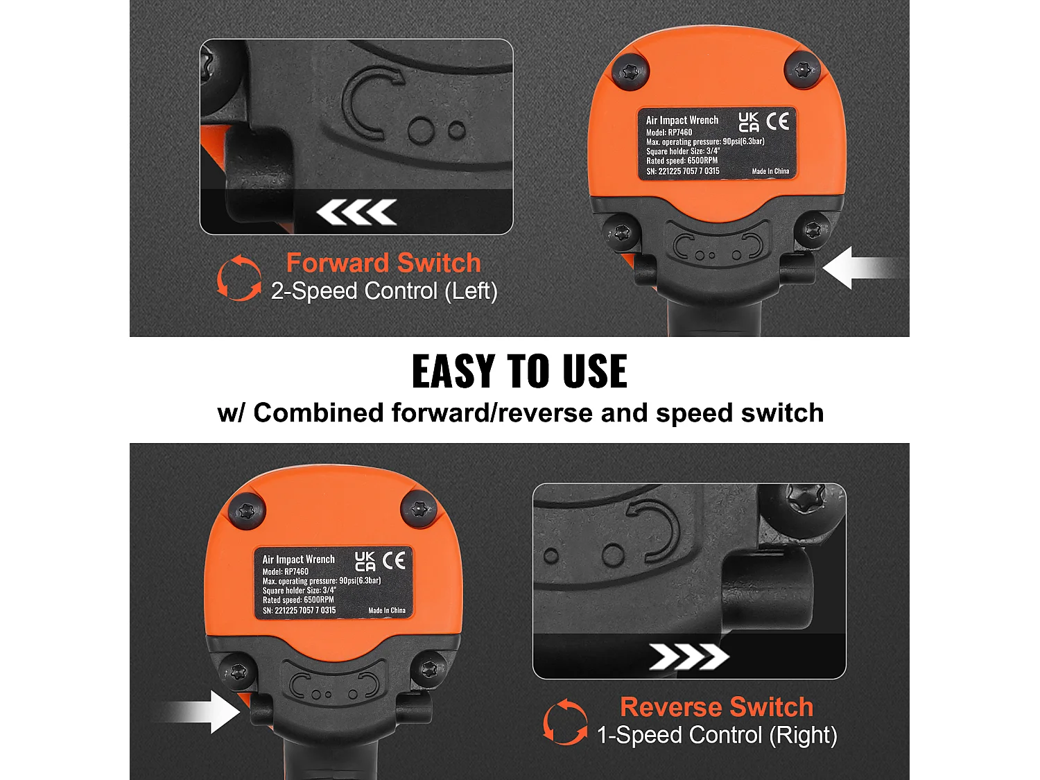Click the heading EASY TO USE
click(x=520, y=372)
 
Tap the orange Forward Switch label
click(x=383, y=262)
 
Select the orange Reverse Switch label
click(x=717, y=707)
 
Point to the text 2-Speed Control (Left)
click(x=384, y=291)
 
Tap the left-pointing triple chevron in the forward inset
click(x=356, y=211)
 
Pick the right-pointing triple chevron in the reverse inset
click(x=689, y=657)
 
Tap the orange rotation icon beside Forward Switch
click(x=239, y=277)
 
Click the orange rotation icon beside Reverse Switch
click(x=565, y=722)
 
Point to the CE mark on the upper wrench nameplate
click(x=777, y=121)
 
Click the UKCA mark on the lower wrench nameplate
click(x=365, y=561)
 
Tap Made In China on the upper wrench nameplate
click(x=770, y=171)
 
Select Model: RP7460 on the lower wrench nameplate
click(x=285, y=571)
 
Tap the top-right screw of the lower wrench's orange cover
click(x=418, y=510)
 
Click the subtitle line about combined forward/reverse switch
click(x=520, y=413)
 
